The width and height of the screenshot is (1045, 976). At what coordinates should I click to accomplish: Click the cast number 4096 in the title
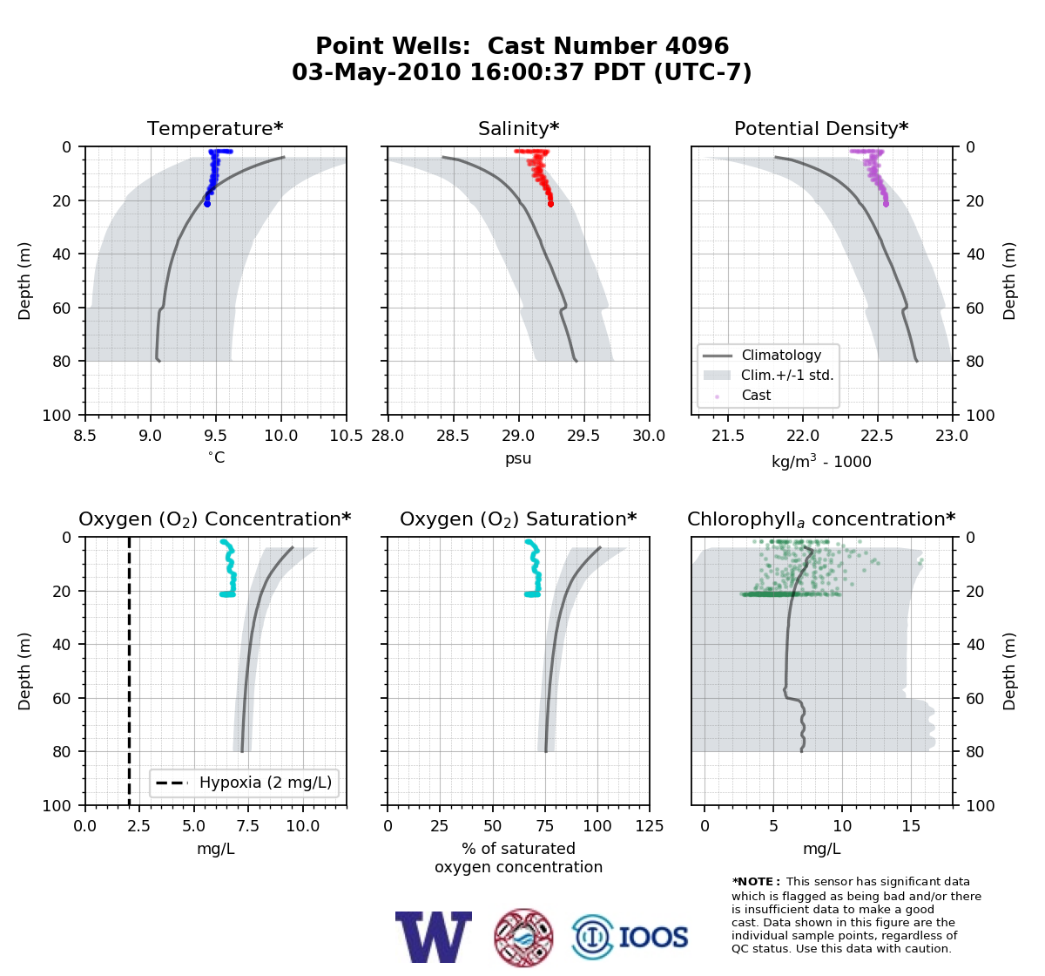(697, 46)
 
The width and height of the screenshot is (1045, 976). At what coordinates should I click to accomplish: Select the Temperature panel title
(215, 128)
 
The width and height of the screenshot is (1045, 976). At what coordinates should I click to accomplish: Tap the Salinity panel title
(518, 128)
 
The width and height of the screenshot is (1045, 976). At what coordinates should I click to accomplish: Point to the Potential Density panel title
(821, 128)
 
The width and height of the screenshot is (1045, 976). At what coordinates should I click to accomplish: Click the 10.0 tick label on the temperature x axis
(281, 436)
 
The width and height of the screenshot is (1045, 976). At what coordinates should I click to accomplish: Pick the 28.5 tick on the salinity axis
(453, 436)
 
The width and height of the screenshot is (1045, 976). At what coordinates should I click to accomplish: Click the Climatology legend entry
(781, 355)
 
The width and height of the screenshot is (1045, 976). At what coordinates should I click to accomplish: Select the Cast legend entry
(756, 395)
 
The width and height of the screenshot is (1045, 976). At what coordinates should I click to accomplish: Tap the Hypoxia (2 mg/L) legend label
(266, 783)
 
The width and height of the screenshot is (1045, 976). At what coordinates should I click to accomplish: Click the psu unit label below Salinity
(518, 458)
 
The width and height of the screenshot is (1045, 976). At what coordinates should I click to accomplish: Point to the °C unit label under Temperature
(216, 457)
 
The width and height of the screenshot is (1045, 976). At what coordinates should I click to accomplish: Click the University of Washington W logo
(434, 937)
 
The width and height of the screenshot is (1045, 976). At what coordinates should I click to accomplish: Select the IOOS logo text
(653, 938)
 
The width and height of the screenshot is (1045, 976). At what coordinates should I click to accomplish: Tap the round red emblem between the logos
(523, 938)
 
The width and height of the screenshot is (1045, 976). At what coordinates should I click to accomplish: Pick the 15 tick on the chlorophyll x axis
(911, 826)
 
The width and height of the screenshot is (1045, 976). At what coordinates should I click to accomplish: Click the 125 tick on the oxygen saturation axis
(650, 826)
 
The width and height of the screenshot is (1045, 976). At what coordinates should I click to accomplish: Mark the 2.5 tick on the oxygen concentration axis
(139, 826)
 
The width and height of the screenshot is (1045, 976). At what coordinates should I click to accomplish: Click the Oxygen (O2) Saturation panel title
(518, 519)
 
